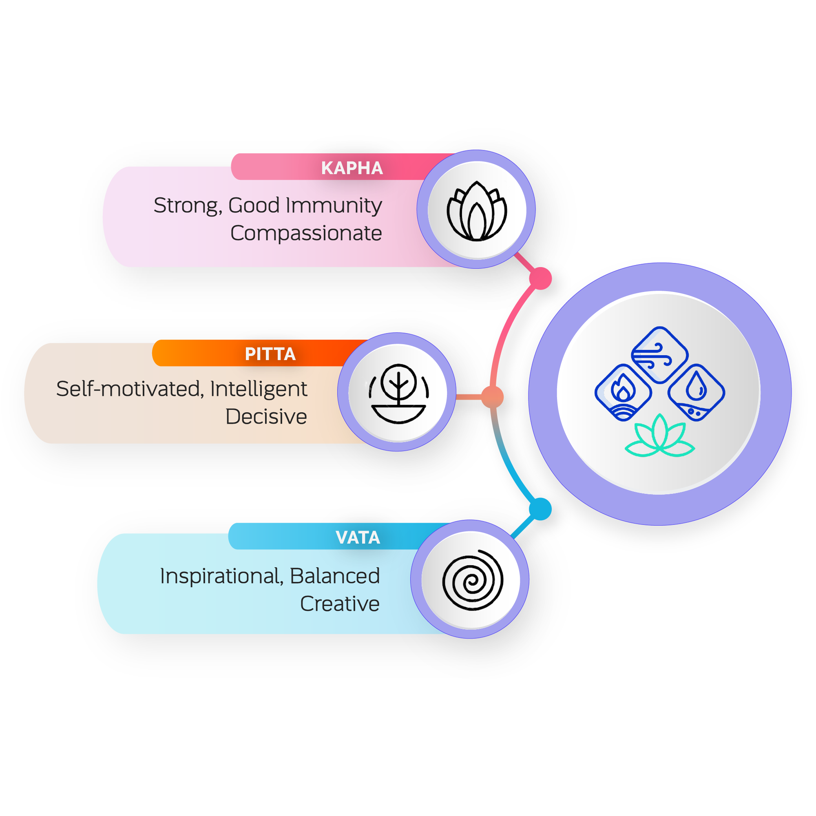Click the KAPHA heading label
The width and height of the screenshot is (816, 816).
pos(352,168)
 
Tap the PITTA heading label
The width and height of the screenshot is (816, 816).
pos(270,354)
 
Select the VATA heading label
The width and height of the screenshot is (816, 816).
pos(358,537)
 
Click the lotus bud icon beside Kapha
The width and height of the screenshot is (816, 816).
pos(477,211)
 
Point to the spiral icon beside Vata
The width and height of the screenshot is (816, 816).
pos(473,580)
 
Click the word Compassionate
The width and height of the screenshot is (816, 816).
pos(306,233)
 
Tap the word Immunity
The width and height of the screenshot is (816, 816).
pos(334,206)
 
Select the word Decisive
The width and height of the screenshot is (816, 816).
pos(266,417)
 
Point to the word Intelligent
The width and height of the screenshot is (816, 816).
pos(259,389)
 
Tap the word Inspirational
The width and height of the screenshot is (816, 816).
pos(221,576)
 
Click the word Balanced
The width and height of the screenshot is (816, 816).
pos(335,576)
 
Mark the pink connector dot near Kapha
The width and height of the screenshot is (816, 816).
pos(540,279)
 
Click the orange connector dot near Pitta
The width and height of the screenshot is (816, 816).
pos(493,397)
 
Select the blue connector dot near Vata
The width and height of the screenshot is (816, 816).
pos(540,509)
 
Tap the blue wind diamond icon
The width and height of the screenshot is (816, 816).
pos(660,355)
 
